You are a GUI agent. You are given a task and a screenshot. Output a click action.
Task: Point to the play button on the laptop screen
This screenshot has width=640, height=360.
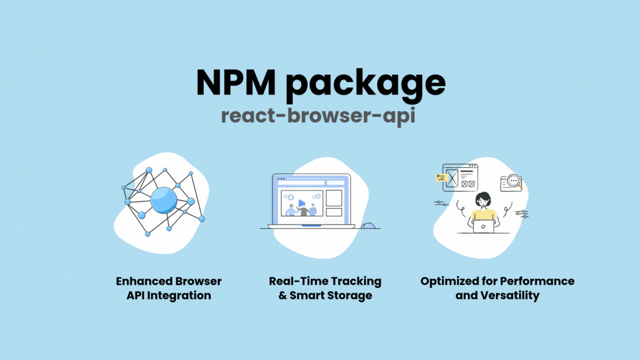(301, 203)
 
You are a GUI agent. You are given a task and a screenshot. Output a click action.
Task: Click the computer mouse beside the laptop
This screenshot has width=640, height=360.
(369, 226)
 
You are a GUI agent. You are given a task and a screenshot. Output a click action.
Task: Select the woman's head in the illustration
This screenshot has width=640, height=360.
(483, 199)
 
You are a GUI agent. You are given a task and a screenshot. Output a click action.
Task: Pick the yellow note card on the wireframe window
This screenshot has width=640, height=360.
(442, 178)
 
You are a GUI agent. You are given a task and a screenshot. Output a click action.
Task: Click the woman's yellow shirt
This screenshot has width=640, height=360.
(483, 214)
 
